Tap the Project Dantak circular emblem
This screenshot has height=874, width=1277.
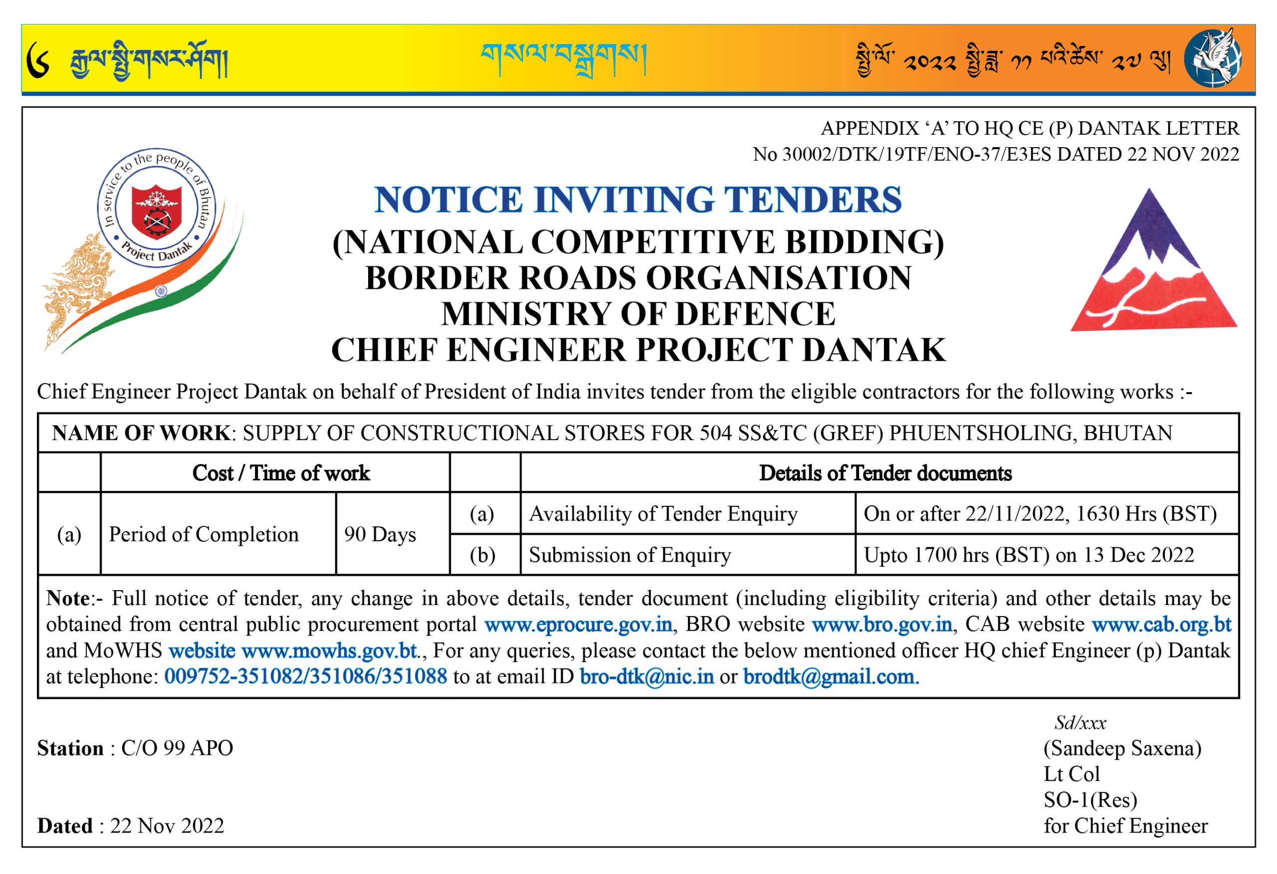(157, 208)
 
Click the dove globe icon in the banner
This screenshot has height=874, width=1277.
(1213, 58)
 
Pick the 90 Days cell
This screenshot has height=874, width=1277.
(380, 534)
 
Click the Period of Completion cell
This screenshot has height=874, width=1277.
(204, 534)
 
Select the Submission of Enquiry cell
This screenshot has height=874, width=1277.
(630, 555)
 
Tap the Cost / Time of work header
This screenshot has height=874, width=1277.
(281, 473)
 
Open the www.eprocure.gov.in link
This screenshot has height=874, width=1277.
(578, 625)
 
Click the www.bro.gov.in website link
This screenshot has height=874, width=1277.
(882, 625)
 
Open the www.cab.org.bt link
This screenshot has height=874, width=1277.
(1161, 625)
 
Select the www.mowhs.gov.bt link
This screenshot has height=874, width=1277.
(330, 651)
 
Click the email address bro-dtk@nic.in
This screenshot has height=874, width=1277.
(647, 676)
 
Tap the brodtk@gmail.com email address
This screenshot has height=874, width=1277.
(830, 676)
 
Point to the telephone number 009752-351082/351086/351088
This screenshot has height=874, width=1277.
(305, 676)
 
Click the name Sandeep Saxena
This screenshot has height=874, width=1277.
(1122, 748)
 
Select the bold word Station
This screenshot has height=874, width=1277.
(70, 748)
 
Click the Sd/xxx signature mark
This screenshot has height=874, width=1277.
(1080, 722)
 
